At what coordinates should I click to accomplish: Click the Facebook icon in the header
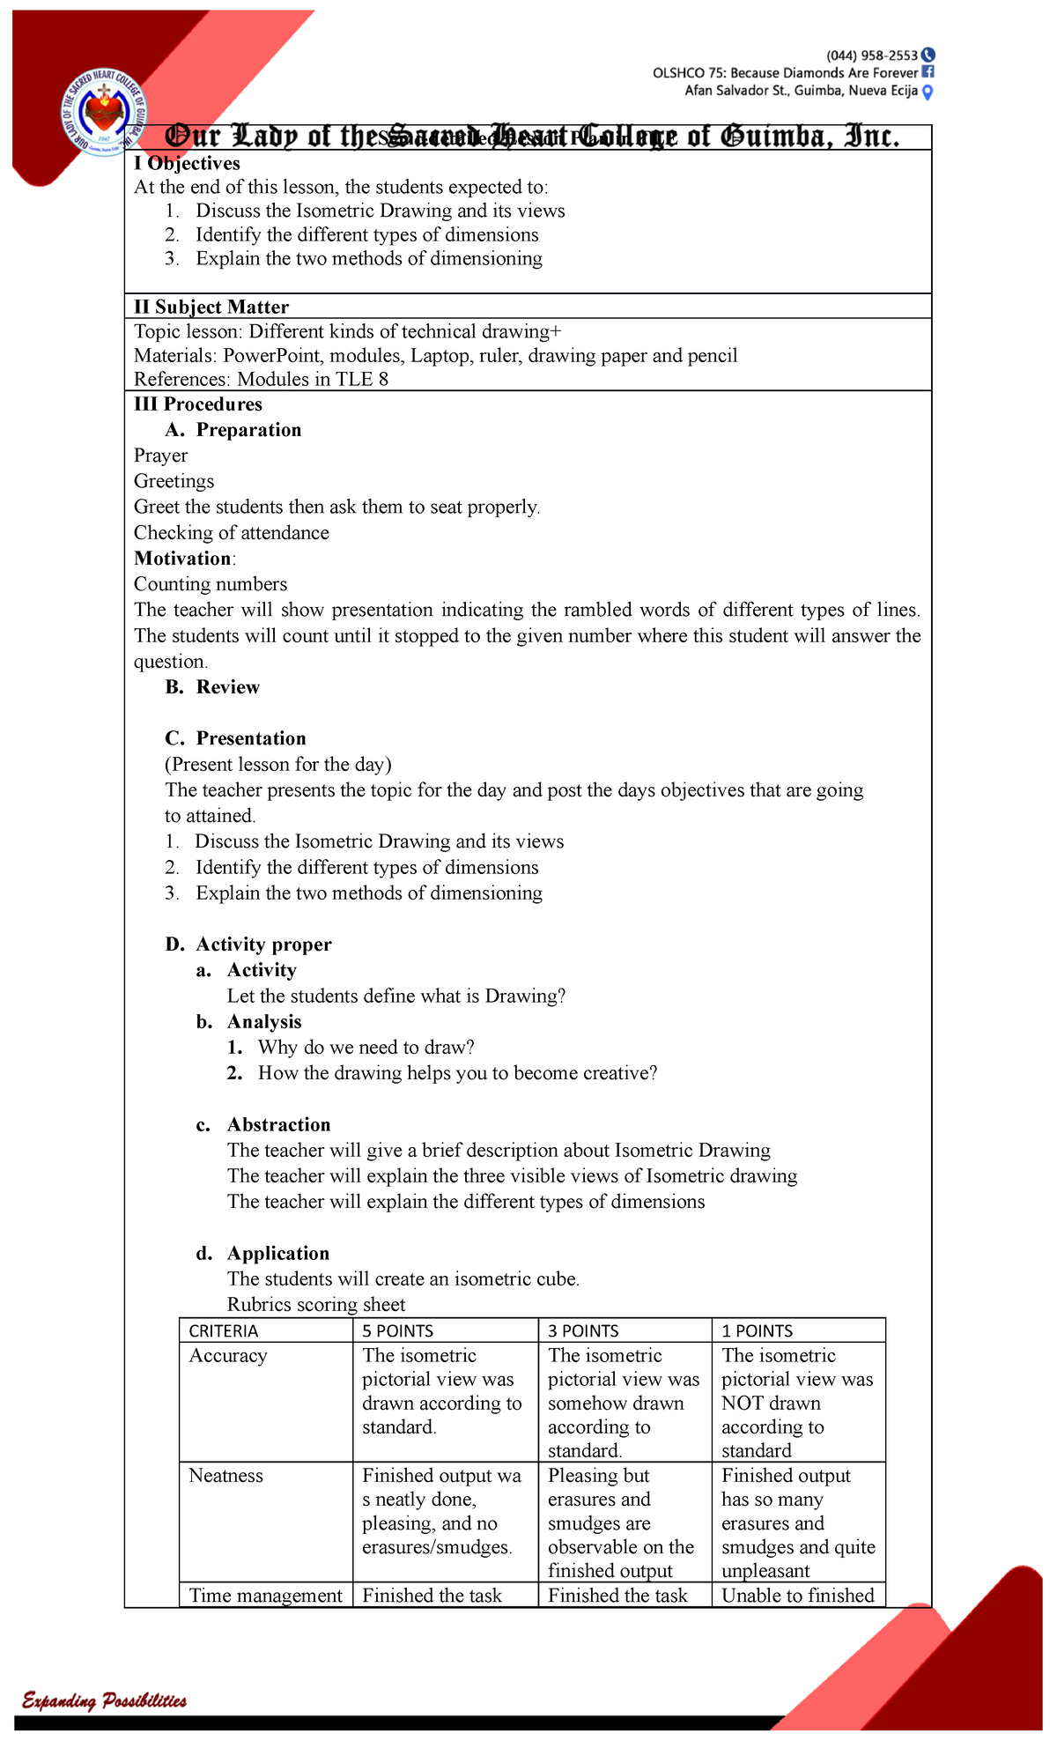tap(927, 72)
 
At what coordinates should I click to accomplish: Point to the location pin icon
tap(927, 91)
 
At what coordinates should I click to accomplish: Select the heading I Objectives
tap(187, 163)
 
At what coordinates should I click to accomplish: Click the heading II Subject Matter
tap(211, 307)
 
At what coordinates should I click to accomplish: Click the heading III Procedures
tap(198, 404)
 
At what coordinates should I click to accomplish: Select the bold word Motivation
tap(182, 558)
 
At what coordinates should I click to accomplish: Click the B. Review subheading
tap(212, 686)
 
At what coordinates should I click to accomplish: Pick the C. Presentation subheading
tap(235, 737)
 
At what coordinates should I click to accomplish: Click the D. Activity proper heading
tap(248, 944)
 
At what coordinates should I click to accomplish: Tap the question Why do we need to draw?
tap(366, 1047)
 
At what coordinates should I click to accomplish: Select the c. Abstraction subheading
tap(263, 1124)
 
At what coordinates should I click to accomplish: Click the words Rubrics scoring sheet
tap(316, 1304)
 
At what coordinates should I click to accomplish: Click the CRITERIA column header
tap(224, 1330)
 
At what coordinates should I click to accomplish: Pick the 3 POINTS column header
tap(583, 1330)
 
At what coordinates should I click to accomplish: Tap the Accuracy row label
tap(228, 1355)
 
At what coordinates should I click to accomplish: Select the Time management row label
tap(265, 1595)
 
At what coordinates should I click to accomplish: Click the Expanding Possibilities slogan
tap(104, 1700)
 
